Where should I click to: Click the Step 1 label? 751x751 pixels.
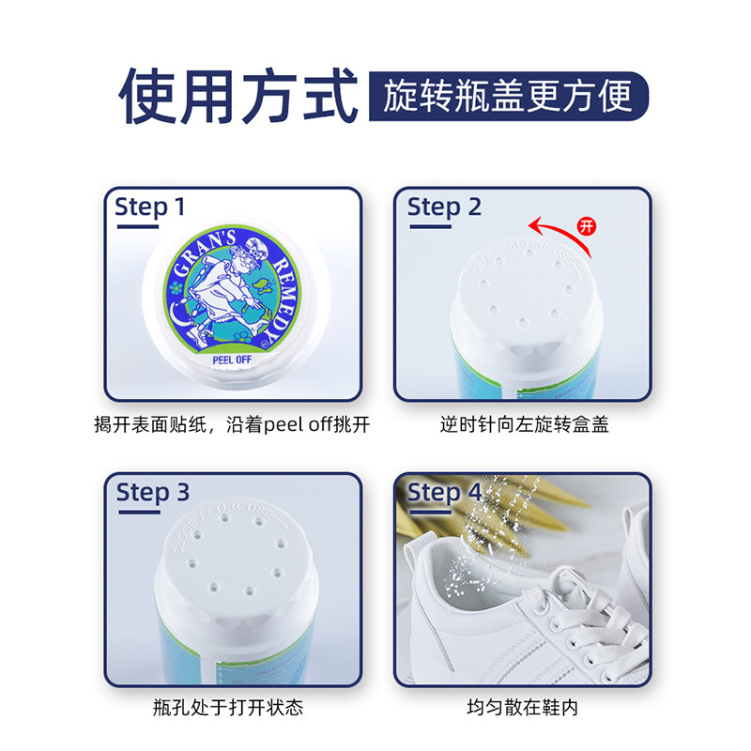[x=150, y=207]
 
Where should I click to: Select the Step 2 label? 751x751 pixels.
[x=444, y=207]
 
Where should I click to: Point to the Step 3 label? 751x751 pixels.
[x=152, y=493]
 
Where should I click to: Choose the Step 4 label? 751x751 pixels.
[x=444, y=493]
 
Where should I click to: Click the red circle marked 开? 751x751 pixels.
[x=587, y=225]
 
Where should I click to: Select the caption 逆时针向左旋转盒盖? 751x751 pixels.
[x=525, y=425]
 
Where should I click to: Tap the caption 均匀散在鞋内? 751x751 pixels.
[x=523, y=707]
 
